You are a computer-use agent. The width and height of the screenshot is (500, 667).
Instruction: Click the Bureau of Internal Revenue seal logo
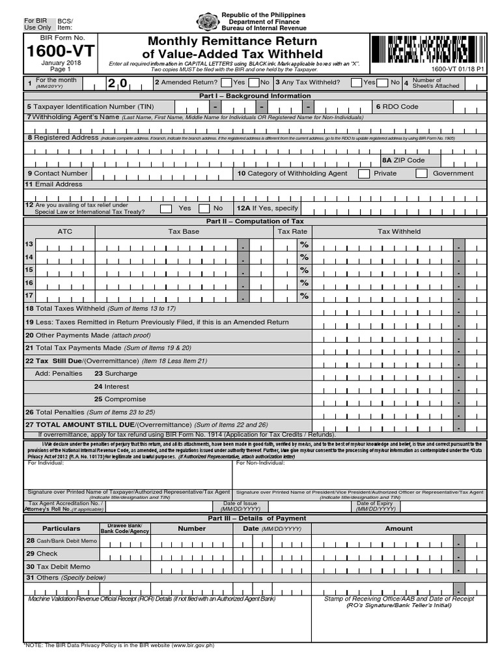(x=207, y=23)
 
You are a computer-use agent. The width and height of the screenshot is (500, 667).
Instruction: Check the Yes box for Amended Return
(x=226, y=83)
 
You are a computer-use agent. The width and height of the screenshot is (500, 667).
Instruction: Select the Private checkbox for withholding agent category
(x=363, y=173)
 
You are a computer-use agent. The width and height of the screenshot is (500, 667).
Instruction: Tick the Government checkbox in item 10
(x=421, y=173)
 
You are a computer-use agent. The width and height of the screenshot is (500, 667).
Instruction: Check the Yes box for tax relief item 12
(x=166, y=208)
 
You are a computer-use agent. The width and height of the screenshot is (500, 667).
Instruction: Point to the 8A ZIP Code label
(x=403, y=160)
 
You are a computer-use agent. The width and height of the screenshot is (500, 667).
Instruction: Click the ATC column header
(x=65, y=231)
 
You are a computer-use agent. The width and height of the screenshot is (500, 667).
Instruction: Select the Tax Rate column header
(x=292, y=231)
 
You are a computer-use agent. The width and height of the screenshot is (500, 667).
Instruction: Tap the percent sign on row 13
(x=303, y=244)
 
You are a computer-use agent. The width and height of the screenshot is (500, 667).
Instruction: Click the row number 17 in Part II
(x=29, y=295)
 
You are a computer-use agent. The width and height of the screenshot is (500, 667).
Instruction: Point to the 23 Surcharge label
(x=116, y=373)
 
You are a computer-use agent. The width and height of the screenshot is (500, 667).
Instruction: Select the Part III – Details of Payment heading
(x=256, y=518)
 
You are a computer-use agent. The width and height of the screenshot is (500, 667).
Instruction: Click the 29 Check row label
(x=42, y=554)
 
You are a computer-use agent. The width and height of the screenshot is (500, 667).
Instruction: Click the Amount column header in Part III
(x=398, y=528)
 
